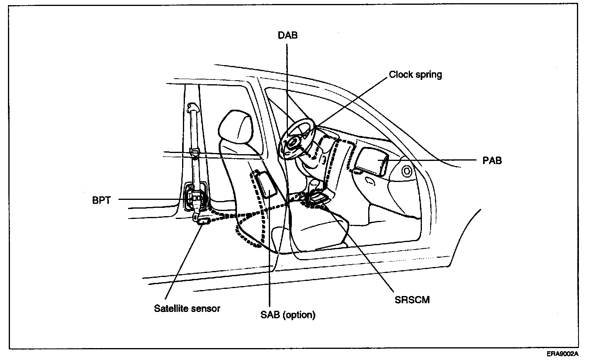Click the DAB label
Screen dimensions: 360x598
[287, 35]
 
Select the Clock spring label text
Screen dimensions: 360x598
[415, 75]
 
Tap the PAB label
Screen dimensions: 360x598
[492, 161]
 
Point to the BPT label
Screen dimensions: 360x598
[101, 200]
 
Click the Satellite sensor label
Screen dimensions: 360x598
[187, 308]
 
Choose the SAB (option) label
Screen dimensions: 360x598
[288, 315]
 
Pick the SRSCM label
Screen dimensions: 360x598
[412, 300]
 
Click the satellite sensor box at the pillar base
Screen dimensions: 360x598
[205, 221]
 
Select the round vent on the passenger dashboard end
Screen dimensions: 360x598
[406, 171]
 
